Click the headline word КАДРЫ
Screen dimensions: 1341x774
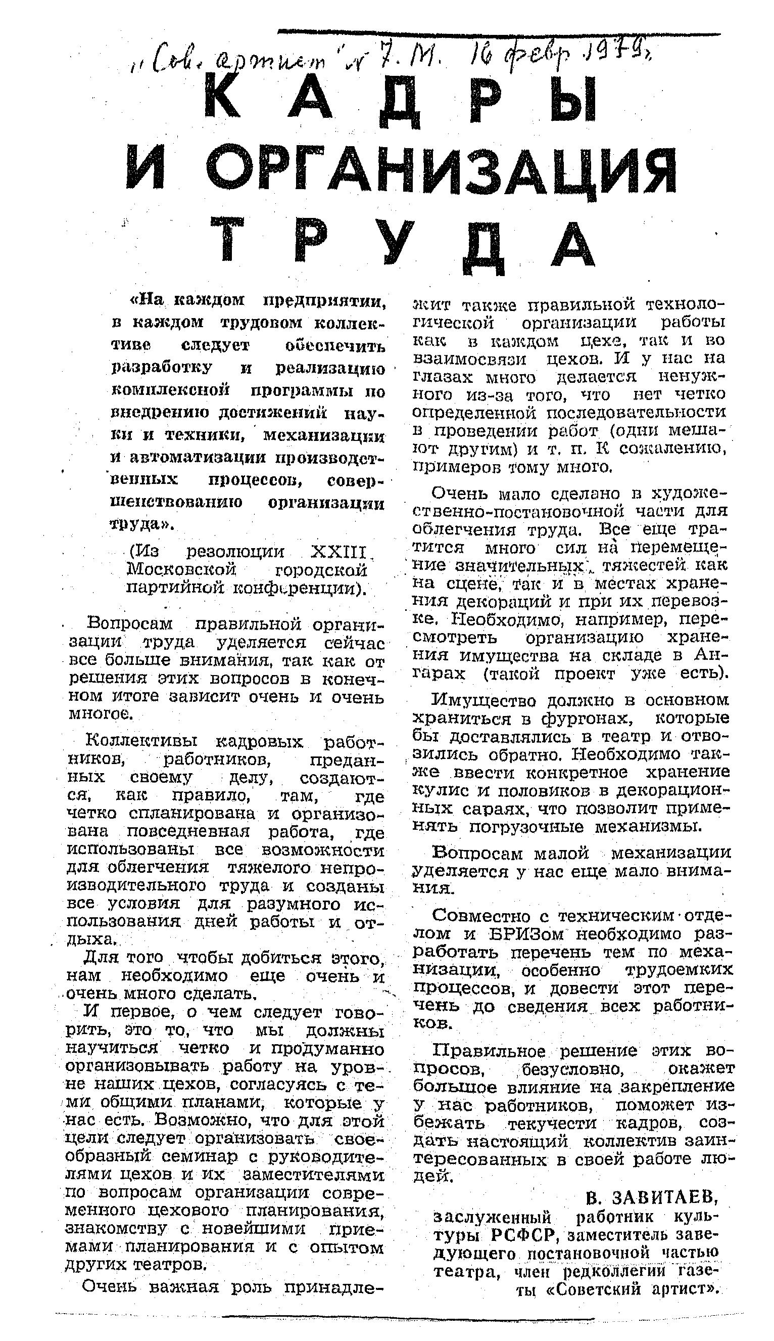click(x=402, y=99)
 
